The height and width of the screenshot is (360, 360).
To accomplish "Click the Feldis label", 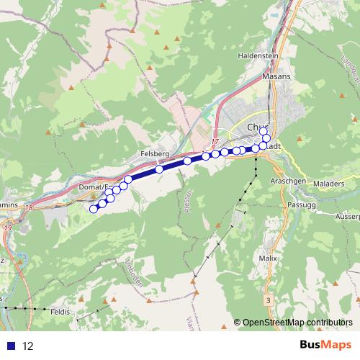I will (60, 314).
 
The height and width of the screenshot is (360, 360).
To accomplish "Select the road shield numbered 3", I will (268, 299).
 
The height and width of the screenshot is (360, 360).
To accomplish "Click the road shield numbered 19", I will (7, 228).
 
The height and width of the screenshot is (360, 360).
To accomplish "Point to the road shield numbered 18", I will (28, 208).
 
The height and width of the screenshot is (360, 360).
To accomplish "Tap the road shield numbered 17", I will (215, 142).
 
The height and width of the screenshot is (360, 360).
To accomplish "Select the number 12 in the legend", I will (28, 346).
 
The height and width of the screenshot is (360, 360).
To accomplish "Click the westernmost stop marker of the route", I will (93, 209).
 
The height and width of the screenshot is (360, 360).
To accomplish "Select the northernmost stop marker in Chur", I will (264, 129).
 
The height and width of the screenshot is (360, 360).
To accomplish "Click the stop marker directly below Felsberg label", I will (159, 169).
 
